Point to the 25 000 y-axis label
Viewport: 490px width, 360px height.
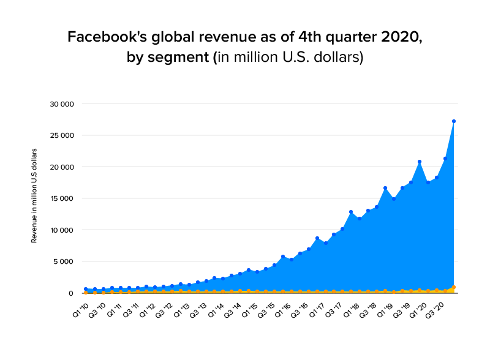(62, 135)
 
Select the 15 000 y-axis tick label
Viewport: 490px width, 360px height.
(62, 198)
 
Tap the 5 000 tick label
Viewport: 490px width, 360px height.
(64, 261)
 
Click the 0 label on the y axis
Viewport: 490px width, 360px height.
(71, 293)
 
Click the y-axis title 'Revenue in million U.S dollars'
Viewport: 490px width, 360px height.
(34, 195)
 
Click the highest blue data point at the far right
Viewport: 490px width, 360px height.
(453, 121)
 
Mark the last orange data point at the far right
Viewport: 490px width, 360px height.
(453, 287)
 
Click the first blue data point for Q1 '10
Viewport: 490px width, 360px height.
(86, 289)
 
